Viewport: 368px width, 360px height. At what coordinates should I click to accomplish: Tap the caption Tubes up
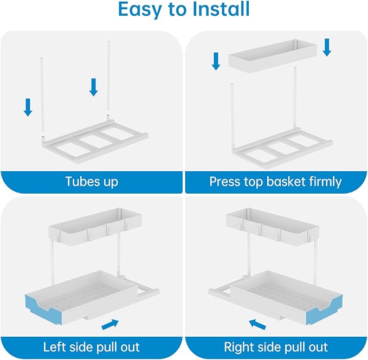click(x=92, y=181)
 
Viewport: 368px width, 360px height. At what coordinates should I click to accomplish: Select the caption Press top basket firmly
click(x=276, y=181)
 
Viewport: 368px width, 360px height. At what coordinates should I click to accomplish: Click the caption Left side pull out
click(x=92, y=346)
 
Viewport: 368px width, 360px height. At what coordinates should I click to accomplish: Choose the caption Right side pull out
click(x=276, y=346)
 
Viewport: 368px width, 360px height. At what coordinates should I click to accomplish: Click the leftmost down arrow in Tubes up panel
click(x=28, y=106)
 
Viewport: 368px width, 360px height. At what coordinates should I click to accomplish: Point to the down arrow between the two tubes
click(x=93, y=87)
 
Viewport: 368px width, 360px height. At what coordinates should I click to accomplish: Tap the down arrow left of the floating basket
click(x=216, y=61)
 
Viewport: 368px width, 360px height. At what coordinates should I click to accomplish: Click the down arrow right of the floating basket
click(x=326, y=47)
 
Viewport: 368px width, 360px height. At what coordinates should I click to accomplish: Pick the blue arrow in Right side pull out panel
click(x=257, y=325)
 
